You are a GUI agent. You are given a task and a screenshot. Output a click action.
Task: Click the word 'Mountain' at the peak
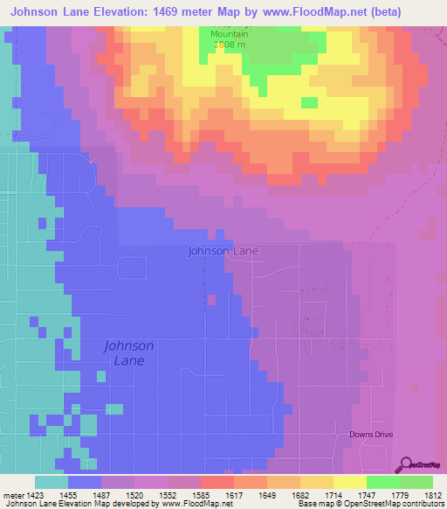(230, 34)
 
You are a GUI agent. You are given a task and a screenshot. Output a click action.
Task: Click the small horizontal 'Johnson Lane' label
(223, 251)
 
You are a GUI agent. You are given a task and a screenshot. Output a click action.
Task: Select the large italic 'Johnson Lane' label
(129, 352)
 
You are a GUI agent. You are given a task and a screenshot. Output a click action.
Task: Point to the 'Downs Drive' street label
(373, 434)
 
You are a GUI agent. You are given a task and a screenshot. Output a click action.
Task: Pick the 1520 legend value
(136, 494)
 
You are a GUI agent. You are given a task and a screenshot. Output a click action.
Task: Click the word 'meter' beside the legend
(12, 494)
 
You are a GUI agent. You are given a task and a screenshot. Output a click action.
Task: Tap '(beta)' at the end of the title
(420, 11)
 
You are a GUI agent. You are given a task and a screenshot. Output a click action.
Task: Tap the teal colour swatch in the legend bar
(51, 482)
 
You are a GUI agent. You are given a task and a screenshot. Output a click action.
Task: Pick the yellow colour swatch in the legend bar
(349, 482)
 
